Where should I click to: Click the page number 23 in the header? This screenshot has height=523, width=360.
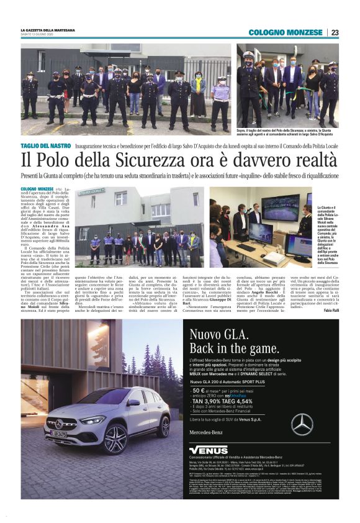(x=335, y=32)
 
